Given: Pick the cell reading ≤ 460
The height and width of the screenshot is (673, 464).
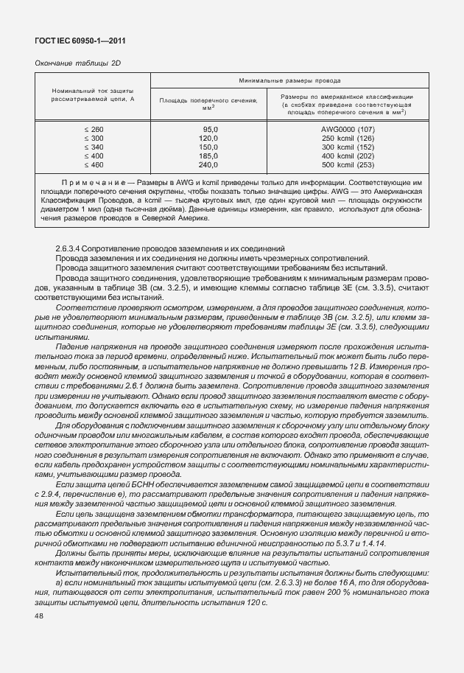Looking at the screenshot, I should [94, 165].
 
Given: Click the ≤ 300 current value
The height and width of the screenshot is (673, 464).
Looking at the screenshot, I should [94, 139].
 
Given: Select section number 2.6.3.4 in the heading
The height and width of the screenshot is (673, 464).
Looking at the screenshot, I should [71, 249].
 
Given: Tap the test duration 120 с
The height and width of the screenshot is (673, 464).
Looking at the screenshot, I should [255, 604].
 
